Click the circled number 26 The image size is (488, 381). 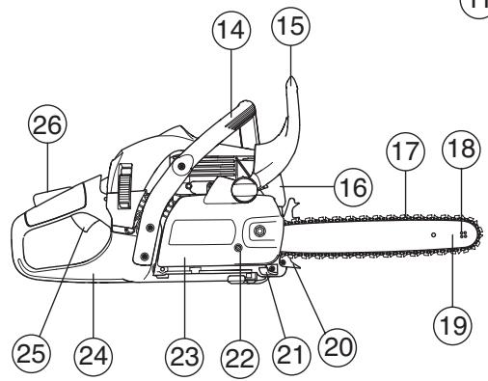[44, 126]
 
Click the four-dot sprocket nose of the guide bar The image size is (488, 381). [464, 234]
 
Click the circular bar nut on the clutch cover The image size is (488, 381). [259, 232]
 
